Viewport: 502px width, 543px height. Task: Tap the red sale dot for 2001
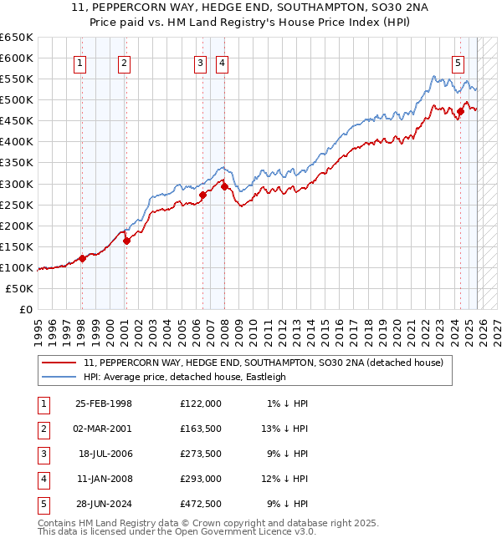click(x=127, y=241)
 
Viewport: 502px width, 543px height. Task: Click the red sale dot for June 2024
click(x=460, y=111)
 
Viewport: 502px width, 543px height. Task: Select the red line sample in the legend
click(x=59, y=363)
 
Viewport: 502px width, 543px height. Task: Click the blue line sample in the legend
click(x=59, y=377)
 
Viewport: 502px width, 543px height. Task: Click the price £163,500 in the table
click(x=201, y=429)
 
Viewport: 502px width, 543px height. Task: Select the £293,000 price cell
click(x=201, y=479)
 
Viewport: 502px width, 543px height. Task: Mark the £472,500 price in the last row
click(x=201, y=504)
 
